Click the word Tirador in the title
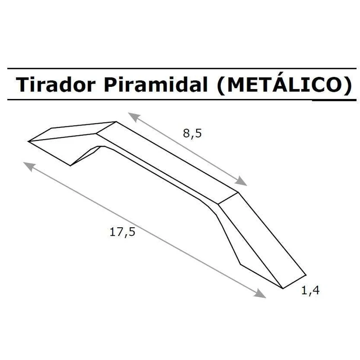55,84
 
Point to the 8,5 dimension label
192,133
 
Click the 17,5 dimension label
122,232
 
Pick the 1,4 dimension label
310,290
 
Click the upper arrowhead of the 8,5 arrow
134,117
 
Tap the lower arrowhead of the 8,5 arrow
241,181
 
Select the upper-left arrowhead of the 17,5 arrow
30,166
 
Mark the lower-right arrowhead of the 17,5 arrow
260,293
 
